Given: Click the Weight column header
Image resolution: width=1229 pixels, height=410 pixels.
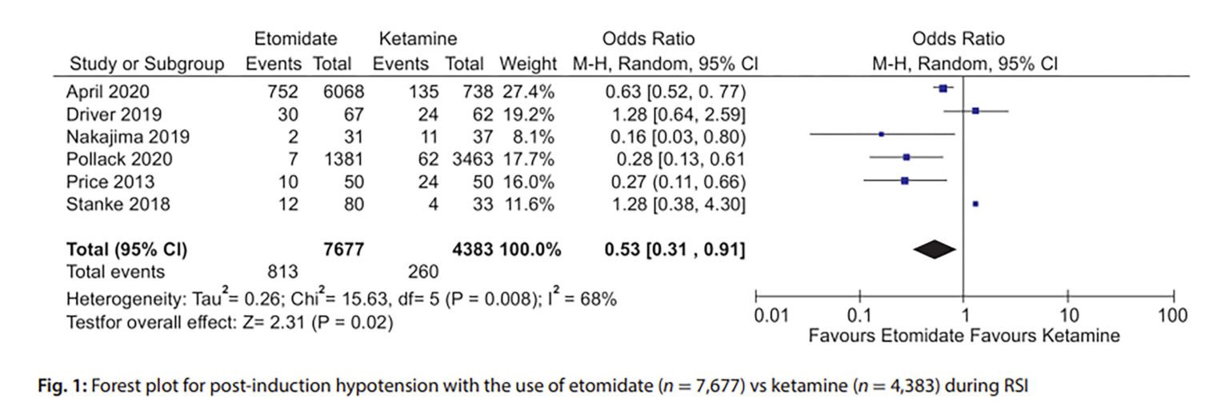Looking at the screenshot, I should click(x=527, y=63).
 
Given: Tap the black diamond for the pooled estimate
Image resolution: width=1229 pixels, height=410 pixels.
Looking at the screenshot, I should click(x=934, y=251).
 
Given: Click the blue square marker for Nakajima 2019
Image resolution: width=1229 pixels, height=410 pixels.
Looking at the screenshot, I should click(x=881, y=135).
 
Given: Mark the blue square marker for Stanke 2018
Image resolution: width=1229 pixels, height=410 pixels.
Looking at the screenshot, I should click(x=975, y=205).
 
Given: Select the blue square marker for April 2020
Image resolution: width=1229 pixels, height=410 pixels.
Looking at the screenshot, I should click(x=943, y=89).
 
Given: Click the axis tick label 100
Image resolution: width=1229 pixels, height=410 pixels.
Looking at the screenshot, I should click(x=1173, y=315).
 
